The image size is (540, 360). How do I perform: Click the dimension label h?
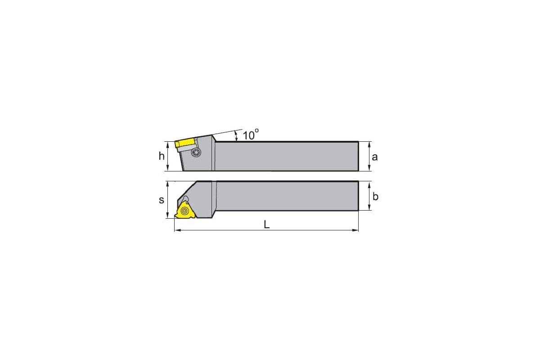click(x=162, y=156)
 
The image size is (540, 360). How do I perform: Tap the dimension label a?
click(x=374, y=157)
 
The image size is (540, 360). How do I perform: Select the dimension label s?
click(x=162, y=200)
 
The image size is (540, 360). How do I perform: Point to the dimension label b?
click(x=375, y=197)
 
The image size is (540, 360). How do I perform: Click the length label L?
click(x=266, y=225)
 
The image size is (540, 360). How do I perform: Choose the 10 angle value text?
click(x=251, y=135)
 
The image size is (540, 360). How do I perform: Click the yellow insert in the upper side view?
click(x=184, y=144)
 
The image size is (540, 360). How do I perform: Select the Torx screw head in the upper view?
click(x=196, y=153)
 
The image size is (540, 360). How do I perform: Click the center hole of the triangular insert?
click(x=184, y=211)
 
